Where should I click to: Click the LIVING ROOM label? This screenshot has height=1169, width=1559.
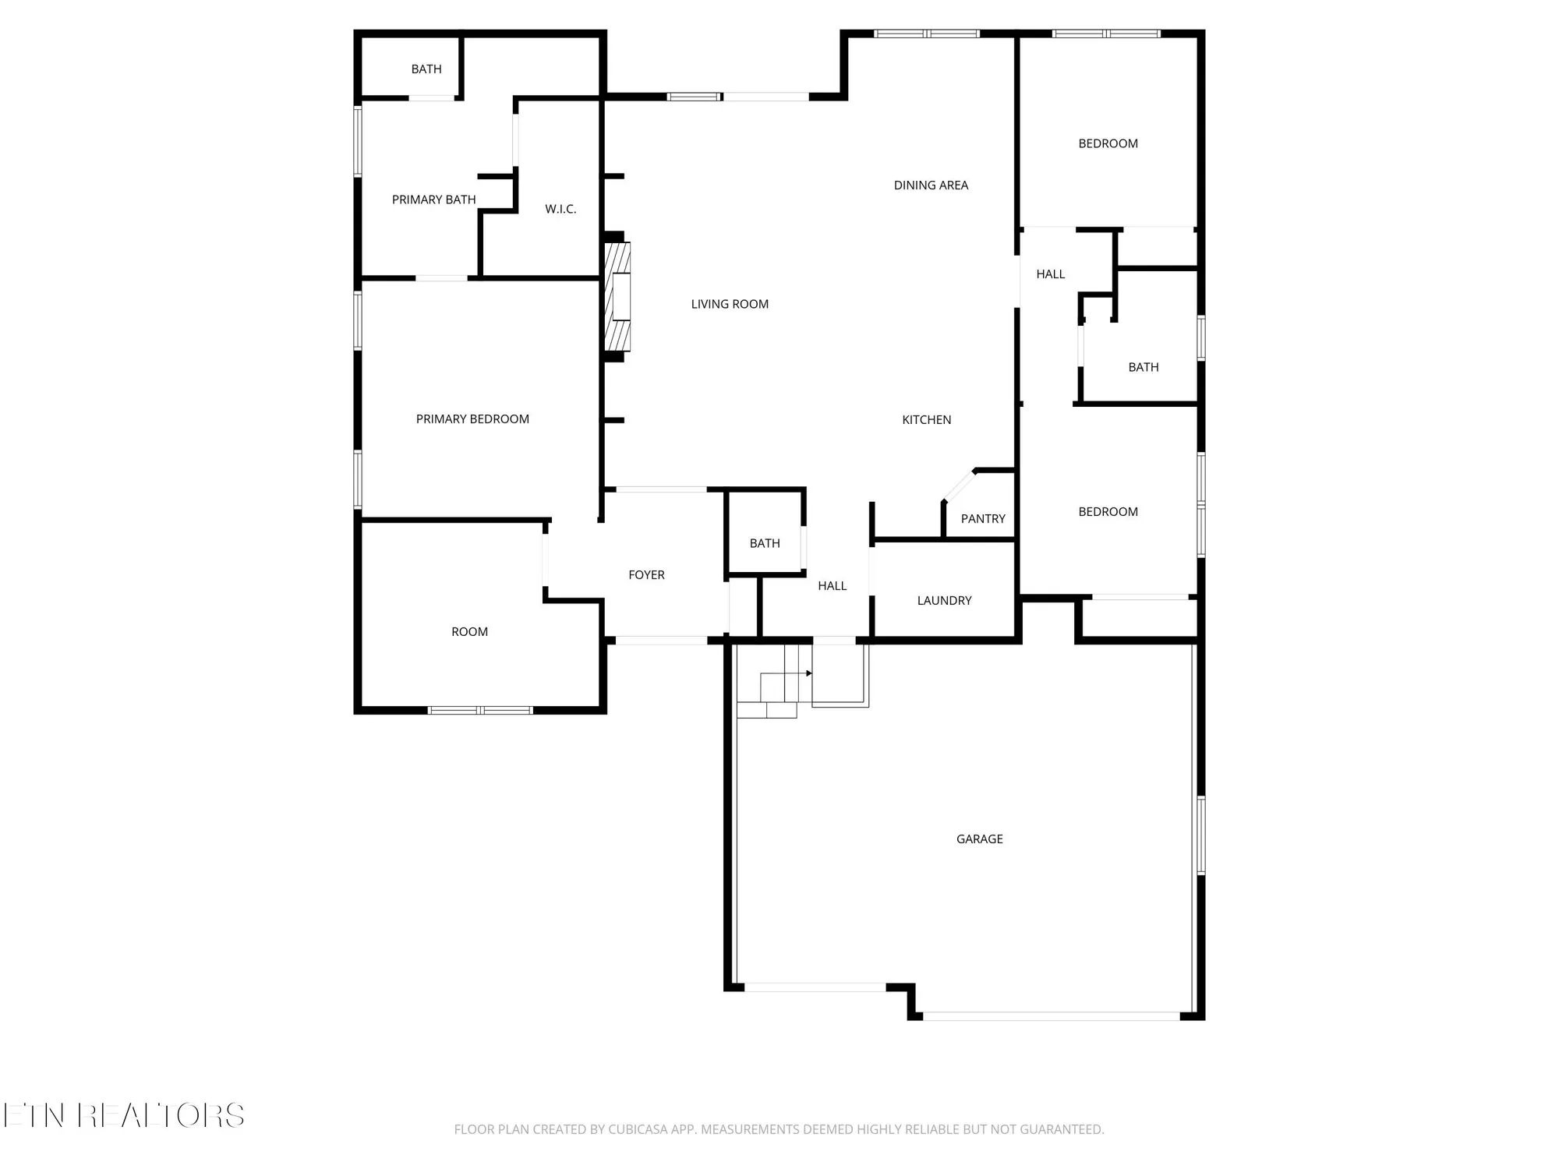[x=730, y=304]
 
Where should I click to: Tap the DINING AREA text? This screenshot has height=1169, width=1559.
[x=931, y=185]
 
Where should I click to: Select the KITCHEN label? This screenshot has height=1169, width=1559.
[x=926, y=419]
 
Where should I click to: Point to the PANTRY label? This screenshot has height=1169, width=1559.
[x=982, y=518]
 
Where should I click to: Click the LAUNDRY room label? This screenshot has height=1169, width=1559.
[x=944, y=600]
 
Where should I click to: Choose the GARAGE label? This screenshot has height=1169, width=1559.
[x=979, y=839]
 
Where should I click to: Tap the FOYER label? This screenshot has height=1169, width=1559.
[x=646, y=574]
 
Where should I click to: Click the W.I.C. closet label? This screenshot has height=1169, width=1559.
[x=560, y=209]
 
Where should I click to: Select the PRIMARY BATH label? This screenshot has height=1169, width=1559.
[x=433, y=200]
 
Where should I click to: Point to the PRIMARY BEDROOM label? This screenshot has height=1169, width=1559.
[x=472, y=419]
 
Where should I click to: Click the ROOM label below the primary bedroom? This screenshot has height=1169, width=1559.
[x=469, y=631]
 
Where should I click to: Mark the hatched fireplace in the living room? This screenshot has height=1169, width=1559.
[x=618, y=296]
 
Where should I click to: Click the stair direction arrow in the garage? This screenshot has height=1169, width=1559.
[x=808, y=673]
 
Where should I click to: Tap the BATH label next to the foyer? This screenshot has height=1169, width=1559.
[x=765, y=543]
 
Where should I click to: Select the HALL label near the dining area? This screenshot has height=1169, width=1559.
[x=1050, y=274]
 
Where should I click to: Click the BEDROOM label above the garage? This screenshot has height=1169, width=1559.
[x=1108, y=511]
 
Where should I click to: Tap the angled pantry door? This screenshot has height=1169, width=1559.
[x=959, y=486]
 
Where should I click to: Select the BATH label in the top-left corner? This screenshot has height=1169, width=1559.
[x=426, y=69]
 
